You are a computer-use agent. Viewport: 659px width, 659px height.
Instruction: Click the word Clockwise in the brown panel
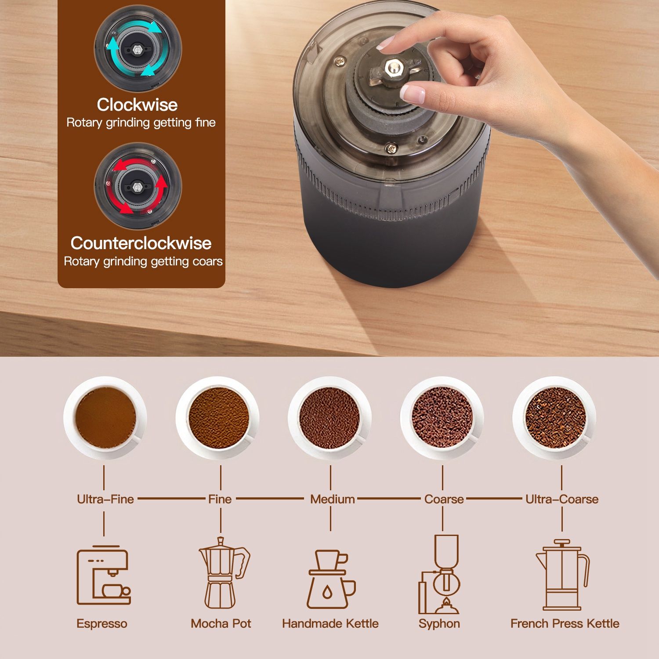click(137, 105)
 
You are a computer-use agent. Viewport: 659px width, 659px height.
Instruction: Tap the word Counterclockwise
click(141, 243)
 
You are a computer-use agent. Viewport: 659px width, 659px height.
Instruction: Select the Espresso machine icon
click(104, 575)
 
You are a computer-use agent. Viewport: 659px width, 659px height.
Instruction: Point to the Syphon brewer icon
click(440, 574)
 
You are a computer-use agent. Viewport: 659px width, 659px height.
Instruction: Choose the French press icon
click(562, 575)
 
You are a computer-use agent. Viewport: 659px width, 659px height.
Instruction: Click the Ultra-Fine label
click(105, 499)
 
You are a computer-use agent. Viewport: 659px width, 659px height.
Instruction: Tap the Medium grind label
click(333, 499)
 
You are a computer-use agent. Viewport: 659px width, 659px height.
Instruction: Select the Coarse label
click(444, 499)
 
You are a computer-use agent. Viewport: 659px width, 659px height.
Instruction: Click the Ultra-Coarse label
click(562, 499)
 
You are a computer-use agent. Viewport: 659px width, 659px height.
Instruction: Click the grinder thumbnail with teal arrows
click(138, 48)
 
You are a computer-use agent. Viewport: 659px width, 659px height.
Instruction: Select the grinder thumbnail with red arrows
click(138, 186)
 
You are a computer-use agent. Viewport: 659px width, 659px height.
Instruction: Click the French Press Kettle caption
click(565, 623)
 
